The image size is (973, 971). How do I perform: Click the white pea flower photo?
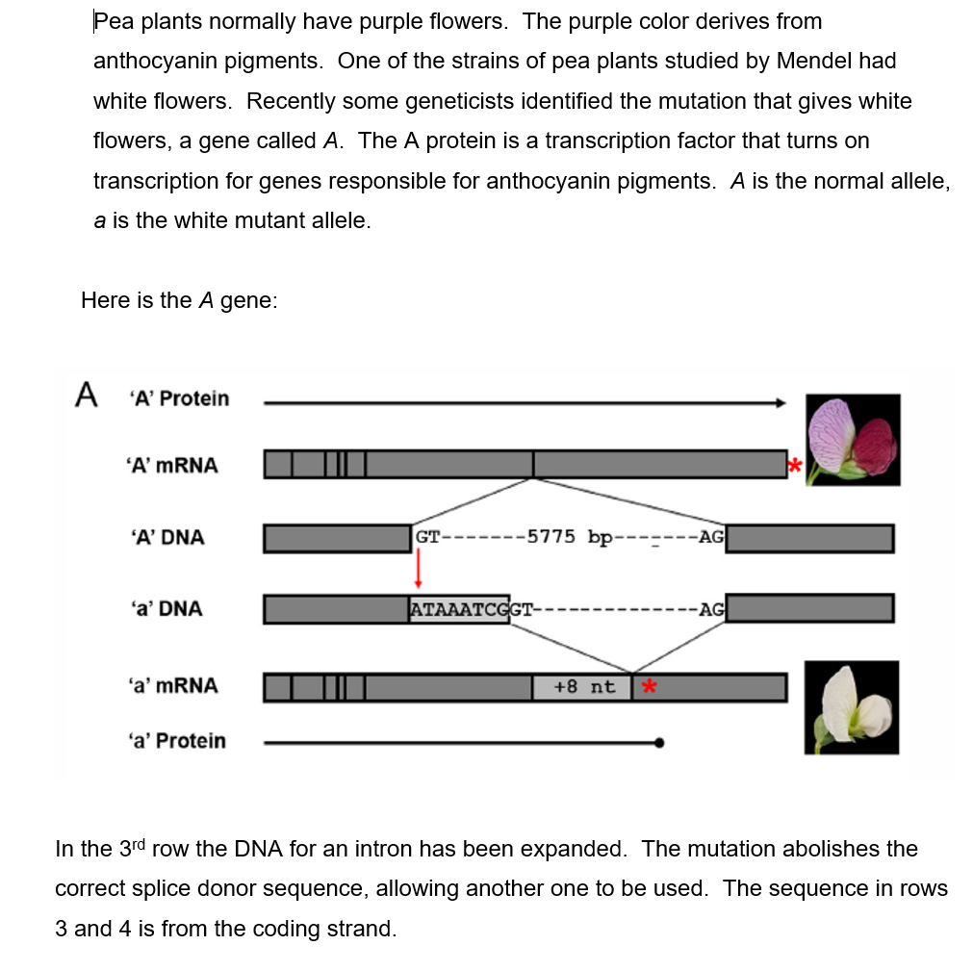coord(853,707)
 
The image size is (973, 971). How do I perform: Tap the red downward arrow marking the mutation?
coord(418,571)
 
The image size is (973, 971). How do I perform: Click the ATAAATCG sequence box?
coord(459,609)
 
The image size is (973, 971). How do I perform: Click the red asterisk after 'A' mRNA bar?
coord(794,466)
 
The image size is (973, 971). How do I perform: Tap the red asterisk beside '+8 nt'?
coord(649,687)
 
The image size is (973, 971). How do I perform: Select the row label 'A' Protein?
coord(179,398)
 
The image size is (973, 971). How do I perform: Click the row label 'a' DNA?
coord(165,608)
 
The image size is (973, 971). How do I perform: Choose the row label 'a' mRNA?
coord(172,685)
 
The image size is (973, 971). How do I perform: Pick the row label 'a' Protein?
coord(177,740)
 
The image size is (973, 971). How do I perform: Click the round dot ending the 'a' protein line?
coord(658,742)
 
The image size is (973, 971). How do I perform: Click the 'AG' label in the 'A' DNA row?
coord(711,537)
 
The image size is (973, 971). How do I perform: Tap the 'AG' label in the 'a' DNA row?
coord(711,609)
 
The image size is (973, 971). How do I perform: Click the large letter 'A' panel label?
coord(88,394)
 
